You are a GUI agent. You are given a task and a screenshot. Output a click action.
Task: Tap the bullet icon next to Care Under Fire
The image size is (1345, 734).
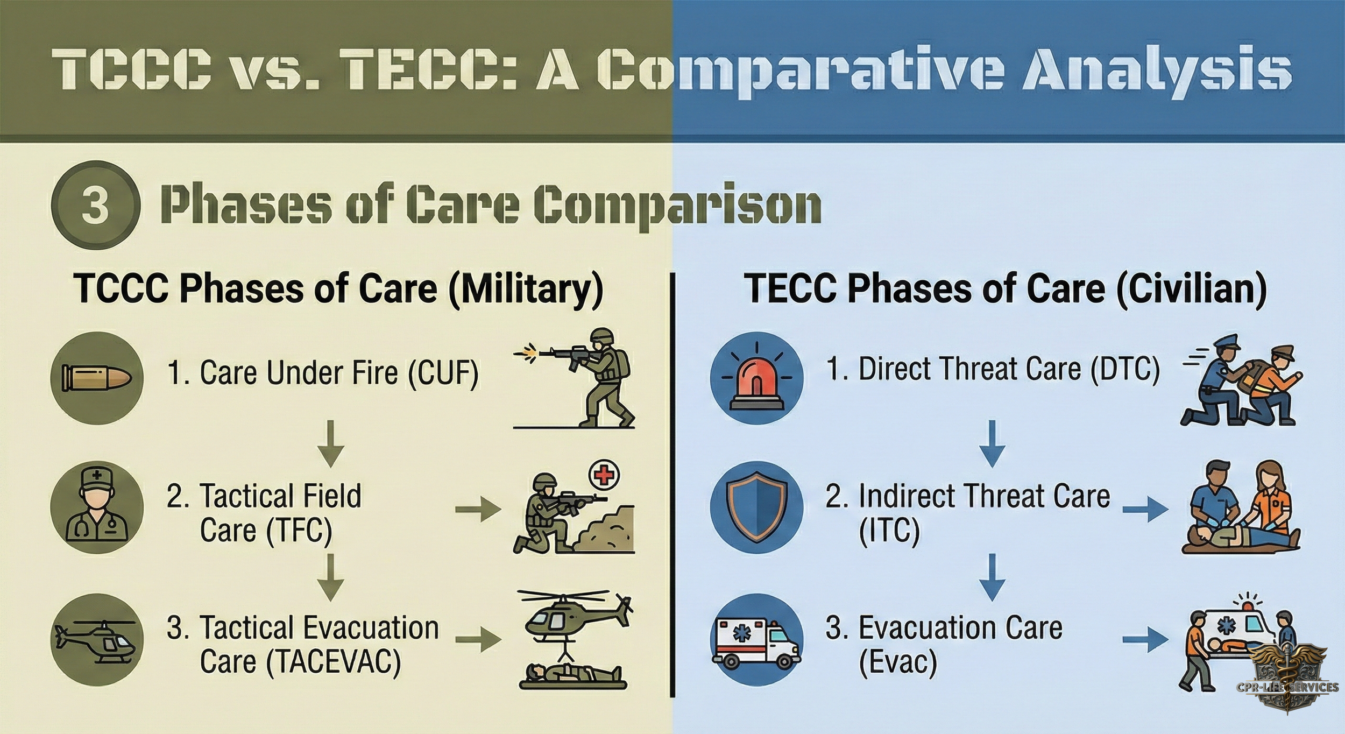point(97,378)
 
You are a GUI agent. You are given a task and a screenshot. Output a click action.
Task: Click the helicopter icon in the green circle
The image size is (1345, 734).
point(97,640)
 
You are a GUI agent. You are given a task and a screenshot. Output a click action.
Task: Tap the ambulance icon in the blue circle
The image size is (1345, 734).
point(756,640)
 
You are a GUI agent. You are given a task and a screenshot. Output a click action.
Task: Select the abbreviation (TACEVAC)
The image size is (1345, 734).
point(334,662)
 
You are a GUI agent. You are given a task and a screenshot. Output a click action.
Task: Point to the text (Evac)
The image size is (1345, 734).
point(897,662)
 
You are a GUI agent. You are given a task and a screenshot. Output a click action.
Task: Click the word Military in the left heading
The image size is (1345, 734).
point(526,289)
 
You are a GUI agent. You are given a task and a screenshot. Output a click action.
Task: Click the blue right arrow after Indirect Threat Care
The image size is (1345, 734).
point(1145,509)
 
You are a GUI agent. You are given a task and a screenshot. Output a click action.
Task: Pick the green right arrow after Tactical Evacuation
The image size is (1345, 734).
point(478,640)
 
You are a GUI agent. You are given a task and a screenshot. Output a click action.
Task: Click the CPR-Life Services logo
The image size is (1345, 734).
point(1293,679)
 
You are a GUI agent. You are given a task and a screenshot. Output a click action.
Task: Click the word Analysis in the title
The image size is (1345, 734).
point(1157,73)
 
